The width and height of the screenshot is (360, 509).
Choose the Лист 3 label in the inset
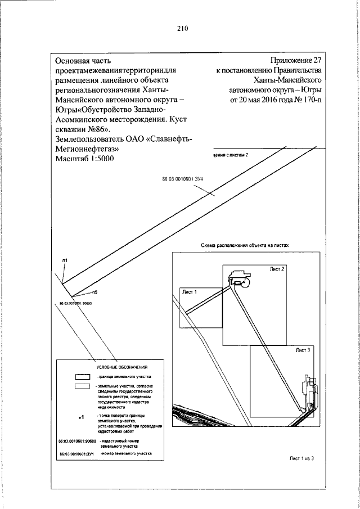[x=304, y=350]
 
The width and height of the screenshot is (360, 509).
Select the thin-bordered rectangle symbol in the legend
[x=83, y=387]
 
